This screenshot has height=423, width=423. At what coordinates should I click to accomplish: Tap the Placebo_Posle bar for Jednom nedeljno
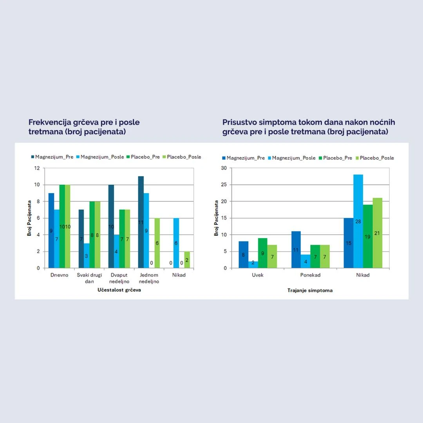click(157, 243)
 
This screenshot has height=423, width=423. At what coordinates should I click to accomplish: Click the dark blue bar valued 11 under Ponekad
click(296, 249)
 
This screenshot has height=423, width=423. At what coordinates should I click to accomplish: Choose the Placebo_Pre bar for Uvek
click(262, 253)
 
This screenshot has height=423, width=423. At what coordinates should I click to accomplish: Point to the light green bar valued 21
click(377, 233)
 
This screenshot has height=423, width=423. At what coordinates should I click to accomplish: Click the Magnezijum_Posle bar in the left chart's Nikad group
click(176, 243)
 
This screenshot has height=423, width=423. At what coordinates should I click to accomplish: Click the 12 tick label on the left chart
click(37, 168)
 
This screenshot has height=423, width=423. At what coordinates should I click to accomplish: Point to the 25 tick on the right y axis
click(224, 184)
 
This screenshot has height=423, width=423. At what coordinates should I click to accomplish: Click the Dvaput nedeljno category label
click(119, 278)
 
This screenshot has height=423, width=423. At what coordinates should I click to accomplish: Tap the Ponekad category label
click(310, 275)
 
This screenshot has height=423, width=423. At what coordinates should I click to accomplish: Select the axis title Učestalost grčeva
click(119, 290)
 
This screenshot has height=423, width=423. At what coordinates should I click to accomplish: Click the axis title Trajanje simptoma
click(310, 290)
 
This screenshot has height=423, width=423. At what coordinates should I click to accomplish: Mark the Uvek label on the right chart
click(257, 275)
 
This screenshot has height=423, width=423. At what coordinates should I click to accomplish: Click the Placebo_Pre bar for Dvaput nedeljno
click(122, 239)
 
